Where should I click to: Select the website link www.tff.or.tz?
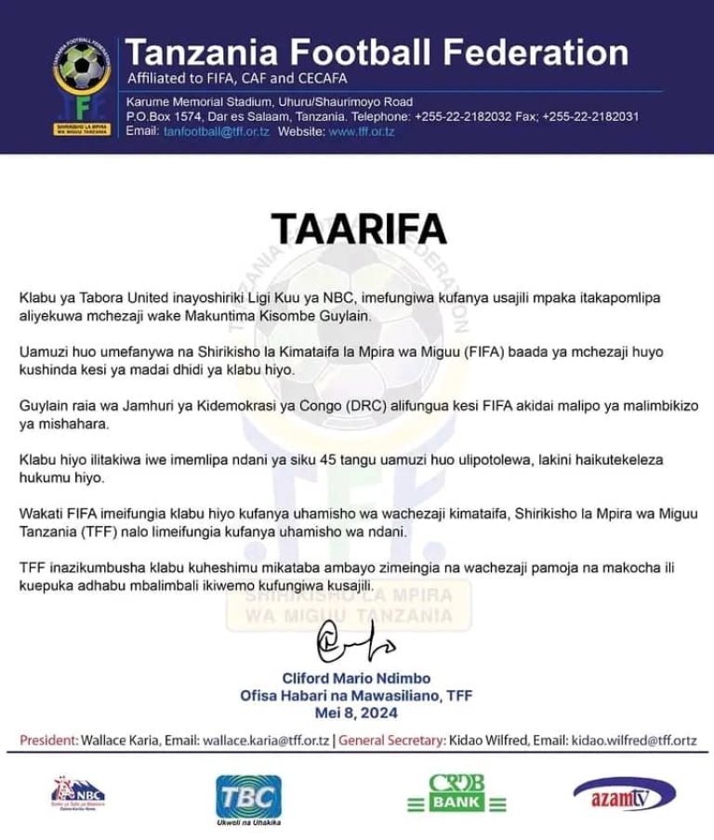pyautogui.click(x=362, y=132)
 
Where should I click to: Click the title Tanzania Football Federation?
pyautogui.click(x=377, y=52)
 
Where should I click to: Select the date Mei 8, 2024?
pyautogui.click(x=357, y=713)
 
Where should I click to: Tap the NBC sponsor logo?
pyautogui.click(x=78, y=794)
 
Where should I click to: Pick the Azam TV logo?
pyautogui.click(x=624, y=795)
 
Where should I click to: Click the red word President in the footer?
pyautogui.click(x=49, y=741)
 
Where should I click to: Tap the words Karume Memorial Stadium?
pyautogui.click(x=187, y=102)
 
